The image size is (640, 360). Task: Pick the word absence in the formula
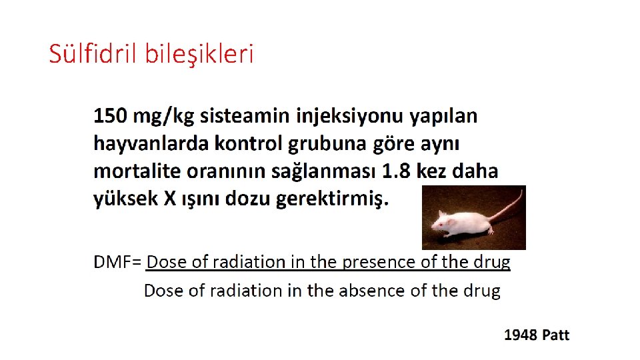tap(377, 291)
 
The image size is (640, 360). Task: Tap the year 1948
tap(521, 335)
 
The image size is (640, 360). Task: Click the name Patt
tap(555, 335)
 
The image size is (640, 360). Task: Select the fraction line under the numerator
tap(328, 271)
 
